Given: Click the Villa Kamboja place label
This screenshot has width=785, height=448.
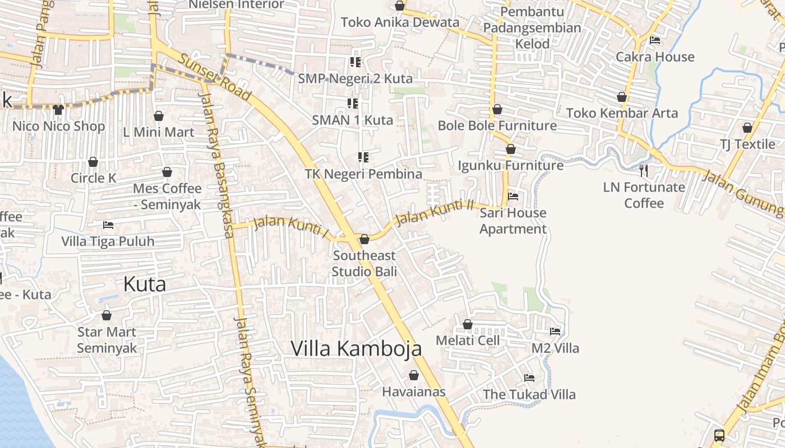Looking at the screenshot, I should [356, 348].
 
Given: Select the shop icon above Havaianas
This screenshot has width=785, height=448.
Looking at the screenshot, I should [414, 375].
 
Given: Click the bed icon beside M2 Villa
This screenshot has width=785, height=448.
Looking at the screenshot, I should [555, 332].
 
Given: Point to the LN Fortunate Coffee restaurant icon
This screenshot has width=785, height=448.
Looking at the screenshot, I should [644, 170].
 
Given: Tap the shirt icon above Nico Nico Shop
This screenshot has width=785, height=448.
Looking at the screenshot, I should [58, 109].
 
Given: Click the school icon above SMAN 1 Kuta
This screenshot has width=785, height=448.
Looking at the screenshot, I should [353, 103].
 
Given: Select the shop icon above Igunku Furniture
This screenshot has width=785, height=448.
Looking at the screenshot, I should [511, 149].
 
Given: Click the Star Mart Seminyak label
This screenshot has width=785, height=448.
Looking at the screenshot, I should [107, 340].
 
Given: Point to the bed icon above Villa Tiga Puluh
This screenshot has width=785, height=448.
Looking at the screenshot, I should [108, 225].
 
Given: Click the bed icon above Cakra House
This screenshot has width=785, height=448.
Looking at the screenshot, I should [654, 40].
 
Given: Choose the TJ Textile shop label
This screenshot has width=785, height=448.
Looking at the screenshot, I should [747, 144].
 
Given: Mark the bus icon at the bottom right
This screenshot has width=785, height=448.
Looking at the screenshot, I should [719, 435].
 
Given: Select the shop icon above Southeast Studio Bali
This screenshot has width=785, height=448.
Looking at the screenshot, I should [364, 239].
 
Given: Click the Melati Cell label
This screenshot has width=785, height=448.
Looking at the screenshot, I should [468, 340].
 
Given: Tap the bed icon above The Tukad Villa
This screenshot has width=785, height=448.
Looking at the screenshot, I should [529, 378].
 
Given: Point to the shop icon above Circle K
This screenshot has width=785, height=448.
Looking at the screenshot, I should [93, 162].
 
